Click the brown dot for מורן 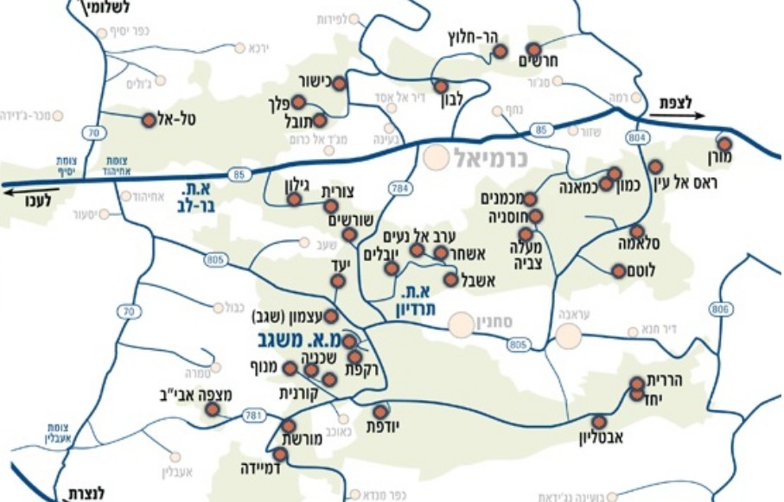click(724, 144)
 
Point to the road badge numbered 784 click(399, 187)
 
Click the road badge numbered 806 click(721, 308)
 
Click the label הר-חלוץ click(470, 36)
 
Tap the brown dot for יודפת click(380, 411)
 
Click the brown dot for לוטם click(618, 271)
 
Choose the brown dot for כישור click(339, 84)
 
